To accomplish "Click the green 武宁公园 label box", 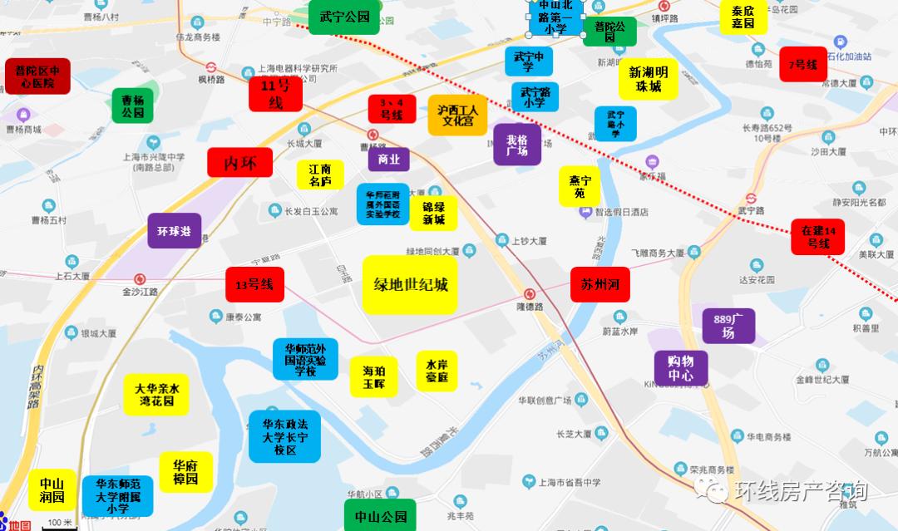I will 344,17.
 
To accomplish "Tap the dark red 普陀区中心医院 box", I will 37,76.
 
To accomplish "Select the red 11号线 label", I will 275,94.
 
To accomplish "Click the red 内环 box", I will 240,163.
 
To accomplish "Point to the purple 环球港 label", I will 175,231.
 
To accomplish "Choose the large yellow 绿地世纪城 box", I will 410,285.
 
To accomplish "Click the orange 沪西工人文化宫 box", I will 457,115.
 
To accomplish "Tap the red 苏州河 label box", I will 599,284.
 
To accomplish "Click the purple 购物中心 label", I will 681,367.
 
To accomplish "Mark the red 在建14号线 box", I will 817,237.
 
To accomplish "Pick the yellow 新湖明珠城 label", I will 649,79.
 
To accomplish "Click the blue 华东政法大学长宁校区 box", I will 285,436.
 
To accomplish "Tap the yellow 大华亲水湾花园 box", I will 158,395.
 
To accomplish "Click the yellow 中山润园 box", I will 52,490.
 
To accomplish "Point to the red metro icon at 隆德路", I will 530,293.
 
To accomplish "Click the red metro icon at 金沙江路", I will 140,279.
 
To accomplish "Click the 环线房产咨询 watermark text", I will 799,491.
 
